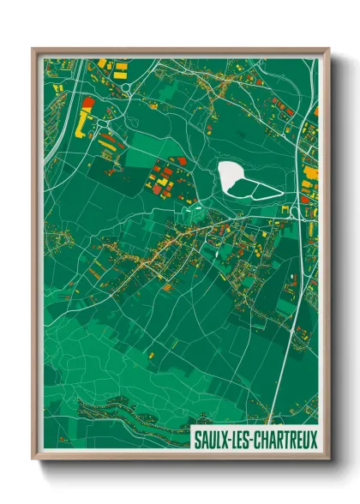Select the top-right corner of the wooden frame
[x=327, y=50]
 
